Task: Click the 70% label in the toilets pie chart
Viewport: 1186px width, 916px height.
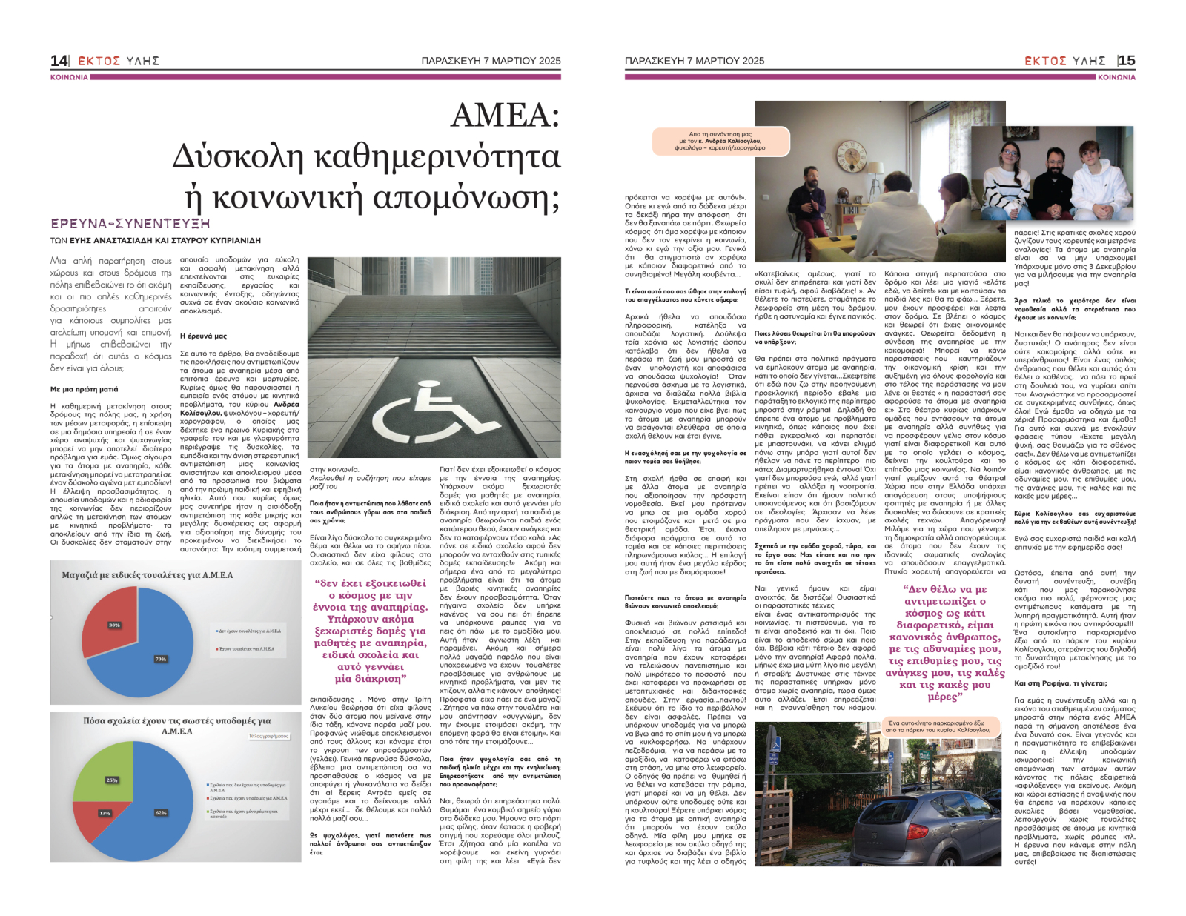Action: pos(160,659)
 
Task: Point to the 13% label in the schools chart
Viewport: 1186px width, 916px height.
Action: pos(105,813)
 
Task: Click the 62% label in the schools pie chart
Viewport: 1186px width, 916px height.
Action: pos(161,813)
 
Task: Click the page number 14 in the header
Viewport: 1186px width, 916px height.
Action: pos(59,61)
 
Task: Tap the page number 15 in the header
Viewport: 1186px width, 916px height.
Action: pos(1127,61)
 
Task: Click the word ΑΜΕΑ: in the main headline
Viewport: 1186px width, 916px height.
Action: pos(505,116)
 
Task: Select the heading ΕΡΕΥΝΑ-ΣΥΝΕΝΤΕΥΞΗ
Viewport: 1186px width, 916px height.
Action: pos(130,223)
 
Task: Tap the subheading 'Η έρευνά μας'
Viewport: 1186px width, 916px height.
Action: pos(204,336)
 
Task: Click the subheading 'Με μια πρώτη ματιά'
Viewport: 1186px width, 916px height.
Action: pos(84,389)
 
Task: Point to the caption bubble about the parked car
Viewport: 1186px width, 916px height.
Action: pos(938,726)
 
